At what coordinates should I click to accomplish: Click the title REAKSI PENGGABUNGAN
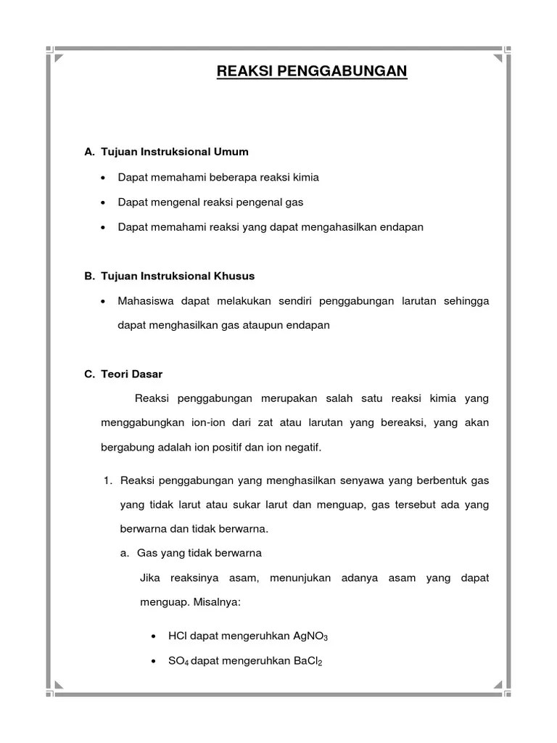point(312,71)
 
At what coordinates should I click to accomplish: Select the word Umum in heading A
point(231,152)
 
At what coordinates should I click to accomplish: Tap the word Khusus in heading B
point(236,276)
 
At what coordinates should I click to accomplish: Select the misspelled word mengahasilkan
point(342,227)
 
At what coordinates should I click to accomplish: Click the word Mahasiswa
point(144,300)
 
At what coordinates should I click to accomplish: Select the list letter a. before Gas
point(125,553)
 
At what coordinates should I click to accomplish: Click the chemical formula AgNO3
point(310,636)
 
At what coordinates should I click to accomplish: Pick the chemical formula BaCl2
point(305,661)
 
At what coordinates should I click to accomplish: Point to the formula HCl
point(176,636)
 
